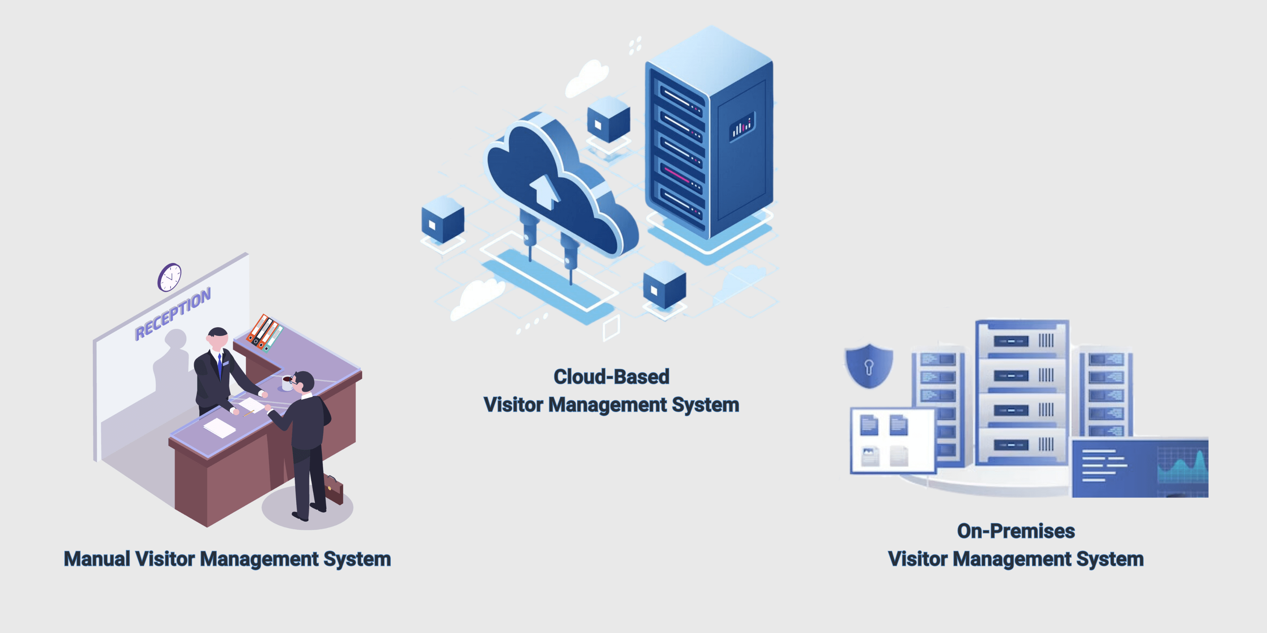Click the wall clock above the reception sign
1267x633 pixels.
click(170, 277)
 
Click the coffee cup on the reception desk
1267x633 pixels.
click(287, 382)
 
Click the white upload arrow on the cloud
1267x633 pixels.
click(544, 191)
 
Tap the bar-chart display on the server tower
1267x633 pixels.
click(741, 127)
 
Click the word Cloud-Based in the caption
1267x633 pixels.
click(612, 377)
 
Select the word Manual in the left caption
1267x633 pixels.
click(97, 559)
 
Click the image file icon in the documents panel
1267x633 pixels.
click(869, 456)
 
